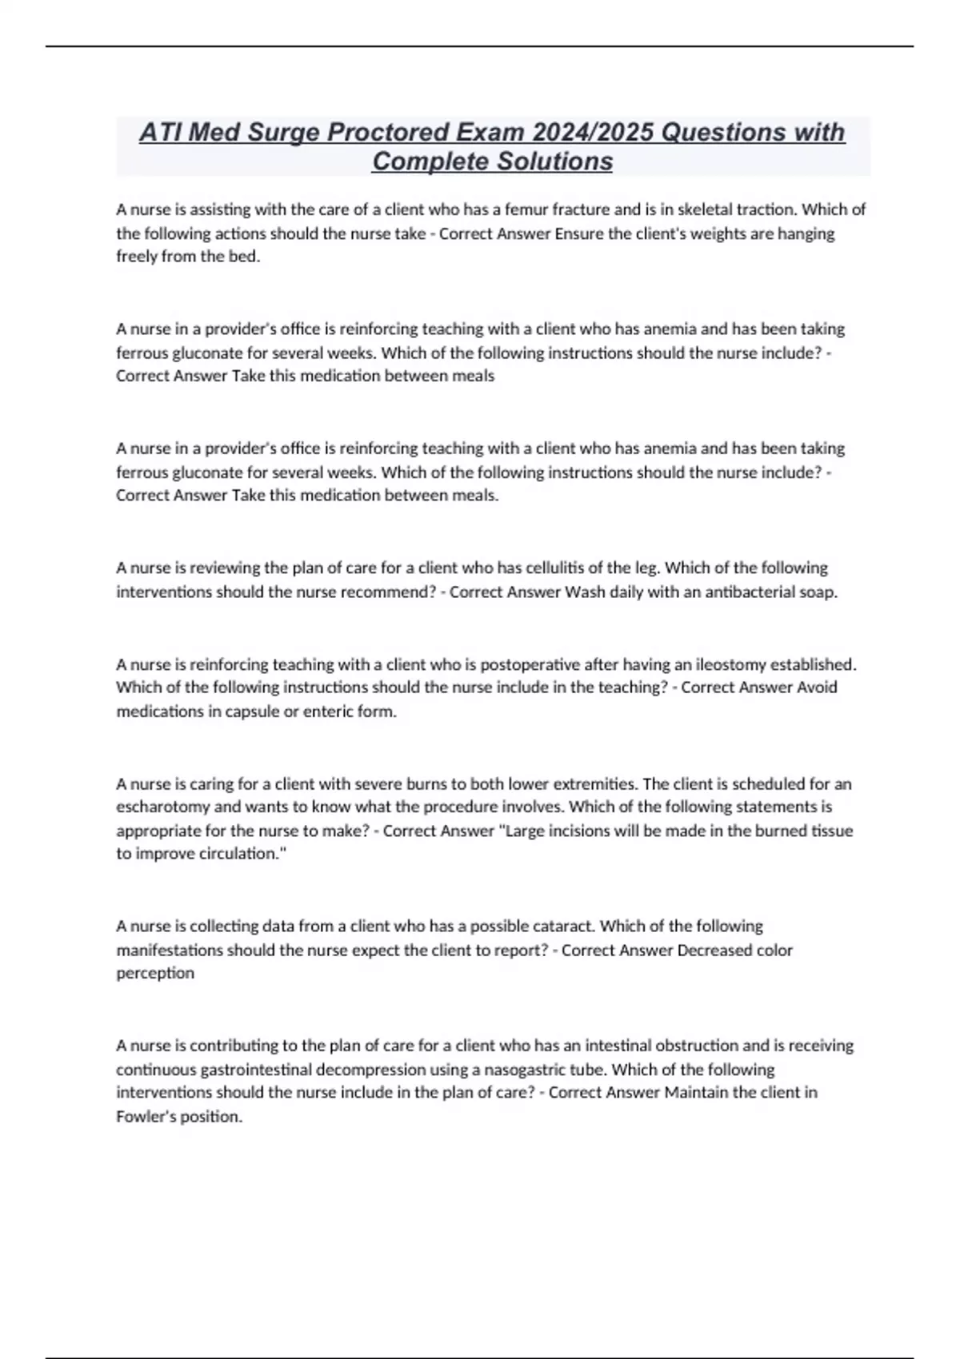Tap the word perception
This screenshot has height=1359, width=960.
(x=155, y=973)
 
